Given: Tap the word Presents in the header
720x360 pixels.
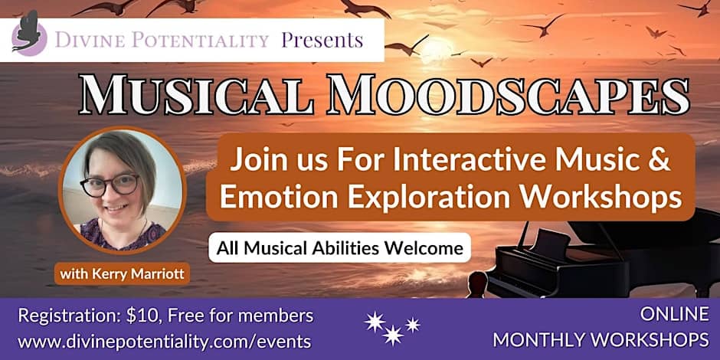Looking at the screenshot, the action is (x=322, y=40).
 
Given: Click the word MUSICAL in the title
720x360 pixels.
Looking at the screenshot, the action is (x=198, y=97).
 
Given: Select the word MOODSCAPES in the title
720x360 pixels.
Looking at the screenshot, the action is (x=507, y=97).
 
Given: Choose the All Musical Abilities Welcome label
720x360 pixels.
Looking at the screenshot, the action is (x=340, y=248).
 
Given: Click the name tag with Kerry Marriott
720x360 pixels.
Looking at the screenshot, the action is (x=122, y=274).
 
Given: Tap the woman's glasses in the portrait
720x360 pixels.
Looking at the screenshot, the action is (x=110, y=185).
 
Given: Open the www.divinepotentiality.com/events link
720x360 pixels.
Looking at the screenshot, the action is (x=164, y=342).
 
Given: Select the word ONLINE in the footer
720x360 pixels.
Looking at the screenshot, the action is (x=674, y=315).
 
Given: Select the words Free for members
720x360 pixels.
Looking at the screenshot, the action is (x=241, y=316).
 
